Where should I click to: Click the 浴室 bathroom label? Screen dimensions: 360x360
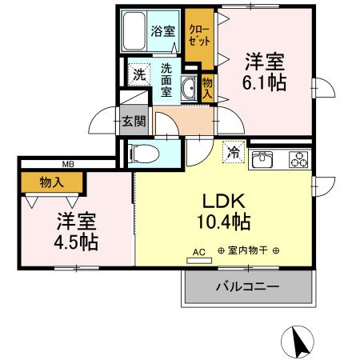(163, 32)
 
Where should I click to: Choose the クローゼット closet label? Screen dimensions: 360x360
(198, 34)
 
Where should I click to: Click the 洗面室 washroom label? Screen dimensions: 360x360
(166, 80)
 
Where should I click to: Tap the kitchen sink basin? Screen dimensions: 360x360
(263, 160)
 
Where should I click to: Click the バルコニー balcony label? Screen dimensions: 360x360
(246, 286)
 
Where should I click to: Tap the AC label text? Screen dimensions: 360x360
(198, 251)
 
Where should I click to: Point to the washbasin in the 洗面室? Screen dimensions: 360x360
(190, 89)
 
